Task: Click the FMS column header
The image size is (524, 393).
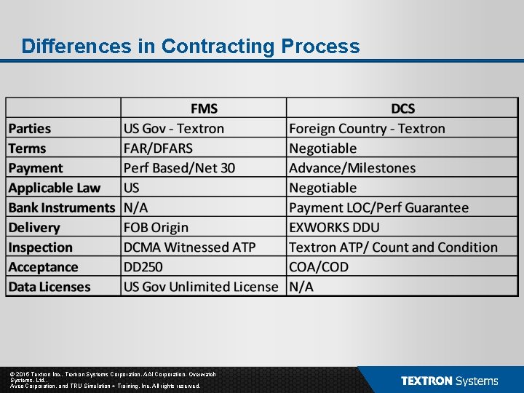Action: (x=204, y=108)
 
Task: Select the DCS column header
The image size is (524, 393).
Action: (x=402, y=108)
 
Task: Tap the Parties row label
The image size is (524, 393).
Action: (x=30, y=129)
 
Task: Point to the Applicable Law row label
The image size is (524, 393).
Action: (x=55, y=188)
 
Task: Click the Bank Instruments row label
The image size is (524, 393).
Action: (x=62, y=207)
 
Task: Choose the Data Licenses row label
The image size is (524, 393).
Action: (x=49, y=287)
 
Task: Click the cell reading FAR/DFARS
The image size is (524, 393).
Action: (x=158, y=148)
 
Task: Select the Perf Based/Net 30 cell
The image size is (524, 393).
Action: (x=179, y=168)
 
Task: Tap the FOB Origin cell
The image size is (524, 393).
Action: (x=156, y=228)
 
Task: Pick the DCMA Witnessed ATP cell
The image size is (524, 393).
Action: (x=189, y=247)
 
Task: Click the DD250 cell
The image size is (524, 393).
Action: (x=146, y=267)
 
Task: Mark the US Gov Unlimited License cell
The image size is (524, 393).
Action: (x=201, y=287)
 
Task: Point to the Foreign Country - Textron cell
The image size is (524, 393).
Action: (x=367, y=129)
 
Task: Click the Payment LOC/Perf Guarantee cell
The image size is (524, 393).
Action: (x=378, y=207)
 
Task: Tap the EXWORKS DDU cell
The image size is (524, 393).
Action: (x=334, y=228)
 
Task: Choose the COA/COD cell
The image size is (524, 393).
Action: (x=319, y=267)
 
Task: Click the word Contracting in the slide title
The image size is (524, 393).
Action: (x=218, y=47)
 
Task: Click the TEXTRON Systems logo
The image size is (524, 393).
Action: (x=449, y=381)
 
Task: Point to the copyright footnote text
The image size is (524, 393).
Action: (x=106, y=380)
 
